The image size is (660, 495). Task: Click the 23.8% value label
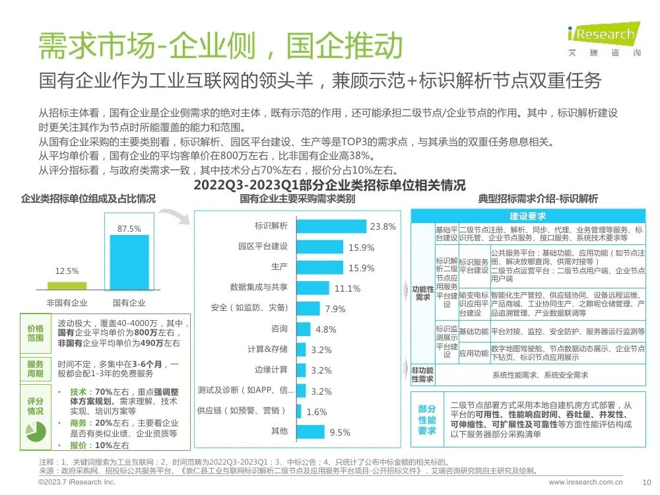(383, 226)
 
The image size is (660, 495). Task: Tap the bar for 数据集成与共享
(313, 288)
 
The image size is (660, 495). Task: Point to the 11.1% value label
(347, 288)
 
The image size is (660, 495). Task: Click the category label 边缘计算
(271, 370)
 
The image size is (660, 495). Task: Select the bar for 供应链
(299, 411)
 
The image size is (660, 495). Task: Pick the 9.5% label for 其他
(339, 432)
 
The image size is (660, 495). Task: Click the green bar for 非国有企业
(67, 286)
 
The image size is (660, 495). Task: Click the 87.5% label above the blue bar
(129, 228)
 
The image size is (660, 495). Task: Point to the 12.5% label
(67, 271)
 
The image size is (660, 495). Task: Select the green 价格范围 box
(35, 333)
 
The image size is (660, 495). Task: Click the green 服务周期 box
(35, 369)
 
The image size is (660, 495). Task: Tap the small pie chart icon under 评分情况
(35, 430)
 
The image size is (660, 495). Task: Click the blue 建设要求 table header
(527, 216)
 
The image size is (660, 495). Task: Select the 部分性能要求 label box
(427, 419)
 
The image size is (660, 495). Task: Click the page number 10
(646, 482)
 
